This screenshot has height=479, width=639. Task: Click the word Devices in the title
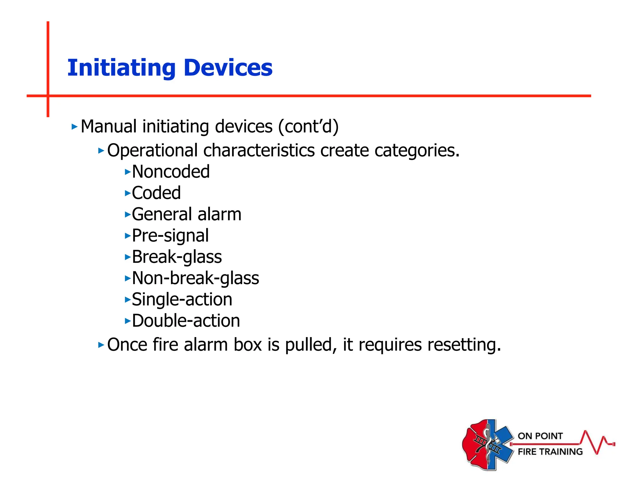pos(228,68)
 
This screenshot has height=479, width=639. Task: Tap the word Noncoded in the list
pos(171,172)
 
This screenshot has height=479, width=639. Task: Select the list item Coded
pos(156,193)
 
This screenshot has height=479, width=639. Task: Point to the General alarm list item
pos(187,215)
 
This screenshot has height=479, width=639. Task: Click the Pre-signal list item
pos(170,236)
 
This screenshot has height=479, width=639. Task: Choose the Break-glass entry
pos(177,257)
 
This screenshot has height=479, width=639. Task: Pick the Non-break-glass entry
pos(195,278)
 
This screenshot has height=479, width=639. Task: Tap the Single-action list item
pos(182,299)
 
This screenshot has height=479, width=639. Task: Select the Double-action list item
pos(186,321)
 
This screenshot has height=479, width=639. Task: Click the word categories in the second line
pos(417,151)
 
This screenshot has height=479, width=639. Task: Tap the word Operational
pos(152,151)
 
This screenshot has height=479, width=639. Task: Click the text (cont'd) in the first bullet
pos(308,127)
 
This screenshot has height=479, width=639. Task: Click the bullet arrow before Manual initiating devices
pos(74,127)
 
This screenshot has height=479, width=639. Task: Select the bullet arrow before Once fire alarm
pos(101,345)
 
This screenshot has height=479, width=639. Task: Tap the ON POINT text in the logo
pos(540,436)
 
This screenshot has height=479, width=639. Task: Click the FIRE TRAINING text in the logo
pos(550,452)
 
